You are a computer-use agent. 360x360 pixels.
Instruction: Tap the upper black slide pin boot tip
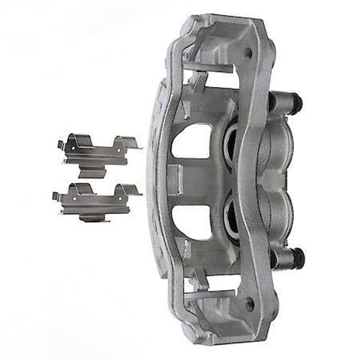pos(296,100)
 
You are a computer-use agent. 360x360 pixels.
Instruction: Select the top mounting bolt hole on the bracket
pos(249,52)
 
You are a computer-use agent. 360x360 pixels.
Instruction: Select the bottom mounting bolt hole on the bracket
pos(250,304)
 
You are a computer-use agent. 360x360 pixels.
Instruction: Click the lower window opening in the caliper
pos(191,217)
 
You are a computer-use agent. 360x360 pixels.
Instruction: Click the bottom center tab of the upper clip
pos(94,166)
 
